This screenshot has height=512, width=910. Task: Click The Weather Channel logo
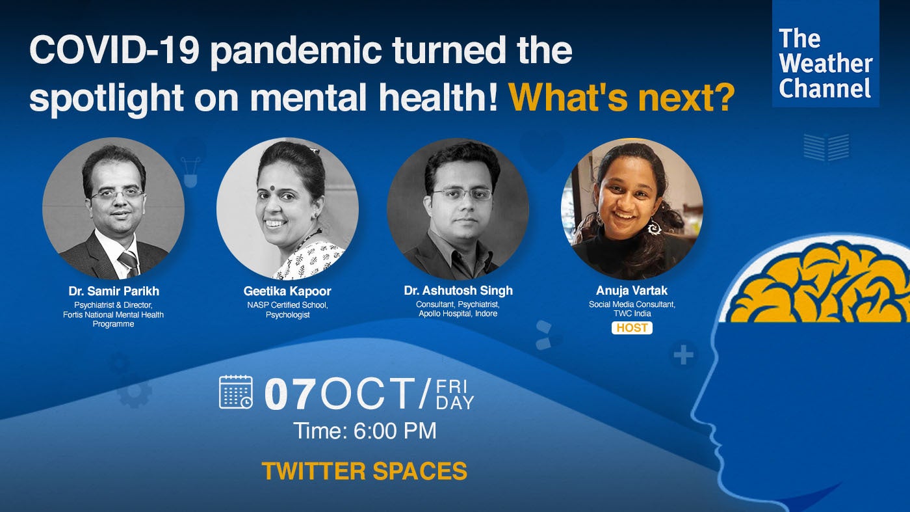[825, 53]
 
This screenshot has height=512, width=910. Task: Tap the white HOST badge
[632, 328]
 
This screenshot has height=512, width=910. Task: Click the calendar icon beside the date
[235, 392]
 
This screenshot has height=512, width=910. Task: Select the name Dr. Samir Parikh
[114, 291]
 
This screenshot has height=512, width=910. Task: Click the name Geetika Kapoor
[287, 291]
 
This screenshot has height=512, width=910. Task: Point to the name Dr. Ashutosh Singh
[458, 290]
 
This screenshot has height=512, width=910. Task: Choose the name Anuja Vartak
[632, 290]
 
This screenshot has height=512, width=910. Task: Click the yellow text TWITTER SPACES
[365, 471]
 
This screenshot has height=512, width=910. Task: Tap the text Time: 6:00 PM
[365, 431]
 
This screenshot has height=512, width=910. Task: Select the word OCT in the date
[369, 394]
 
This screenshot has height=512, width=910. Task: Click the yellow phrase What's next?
[622, 97]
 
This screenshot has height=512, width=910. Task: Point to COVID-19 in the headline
[114, 50]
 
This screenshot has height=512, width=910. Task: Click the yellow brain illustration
[820, 285]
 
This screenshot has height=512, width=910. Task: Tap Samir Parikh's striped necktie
[129, 263]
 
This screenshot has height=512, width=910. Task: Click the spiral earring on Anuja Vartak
[653, 227]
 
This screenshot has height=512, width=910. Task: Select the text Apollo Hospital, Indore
[458, 314]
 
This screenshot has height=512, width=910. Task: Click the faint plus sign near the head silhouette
[684, 355]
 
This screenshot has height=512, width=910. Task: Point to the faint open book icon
[826, 147]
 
